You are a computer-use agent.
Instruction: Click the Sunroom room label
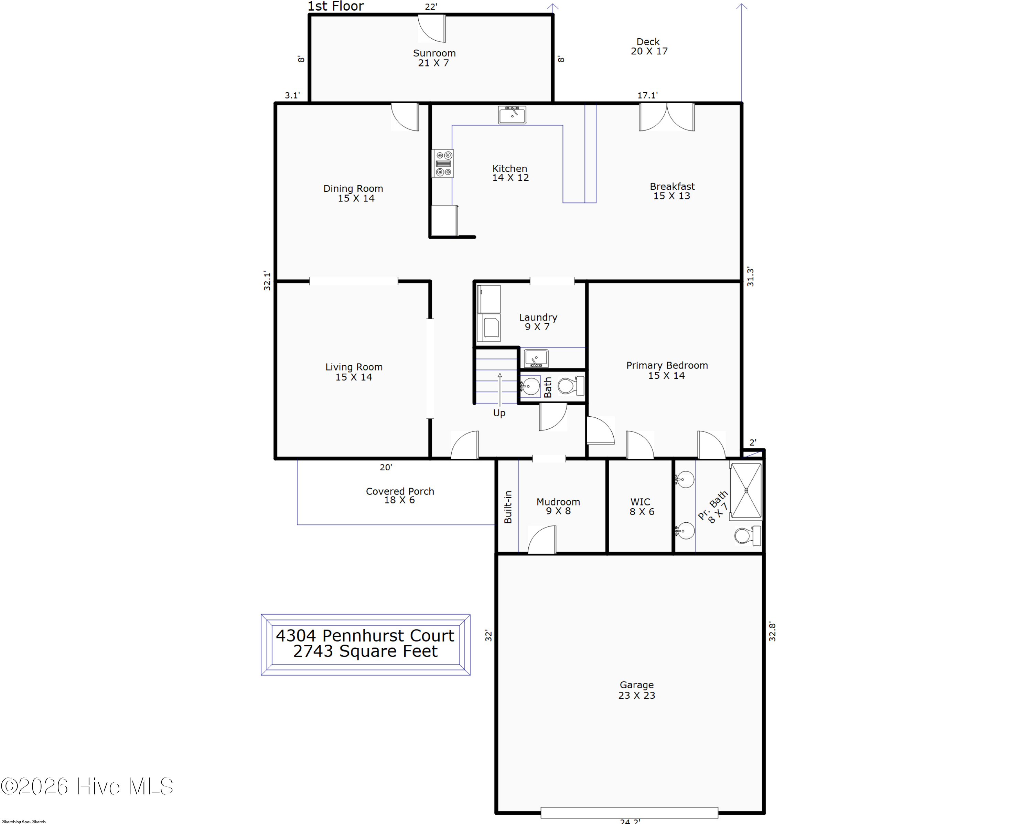point(434,58)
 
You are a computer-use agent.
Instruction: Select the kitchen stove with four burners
point(443,163)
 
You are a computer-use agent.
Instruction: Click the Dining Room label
point(353,194)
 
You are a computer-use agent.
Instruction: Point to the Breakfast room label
point(672,191)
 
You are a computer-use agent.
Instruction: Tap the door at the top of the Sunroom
point(432,28)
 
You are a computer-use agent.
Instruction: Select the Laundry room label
point(538,322)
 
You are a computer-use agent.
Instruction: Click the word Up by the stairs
point(499,413)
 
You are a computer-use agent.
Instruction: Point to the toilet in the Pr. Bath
point(747,535)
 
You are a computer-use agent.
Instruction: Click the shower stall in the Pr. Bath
point(746,491)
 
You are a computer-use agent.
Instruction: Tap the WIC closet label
point(641,507)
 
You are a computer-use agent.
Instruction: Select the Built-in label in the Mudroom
point(508,507)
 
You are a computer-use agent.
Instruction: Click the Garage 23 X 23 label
point(637,690)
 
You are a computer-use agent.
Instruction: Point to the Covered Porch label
point(400,496)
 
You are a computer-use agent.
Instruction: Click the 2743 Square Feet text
point(365,651)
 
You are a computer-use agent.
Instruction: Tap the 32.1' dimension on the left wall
point(267,281)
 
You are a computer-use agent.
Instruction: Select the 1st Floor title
point(335,6)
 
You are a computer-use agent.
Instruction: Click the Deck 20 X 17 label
point(649,46)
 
